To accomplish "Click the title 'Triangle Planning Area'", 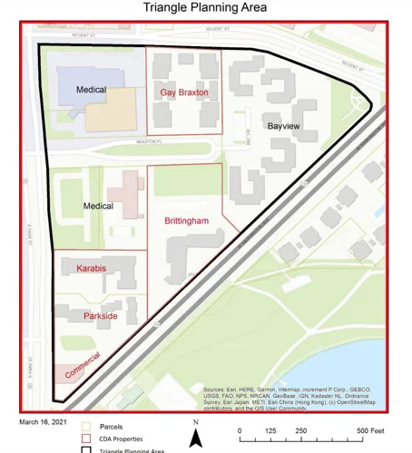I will [207, 8].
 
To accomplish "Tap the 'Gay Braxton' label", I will [184, 92].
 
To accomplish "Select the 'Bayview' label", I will [283, 126].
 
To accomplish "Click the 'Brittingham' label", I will [187, 221].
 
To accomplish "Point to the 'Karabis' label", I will [92, 268].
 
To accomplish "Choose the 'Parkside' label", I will [100, 315].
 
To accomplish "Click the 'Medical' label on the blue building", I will [91, 90].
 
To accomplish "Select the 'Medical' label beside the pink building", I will [98, 207].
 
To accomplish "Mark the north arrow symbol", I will [195, 437].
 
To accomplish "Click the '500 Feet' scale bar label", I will [370, 430].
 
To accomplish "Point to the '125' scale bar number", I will [270, 430].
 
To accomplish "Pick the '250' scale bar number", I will [301, 430].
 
